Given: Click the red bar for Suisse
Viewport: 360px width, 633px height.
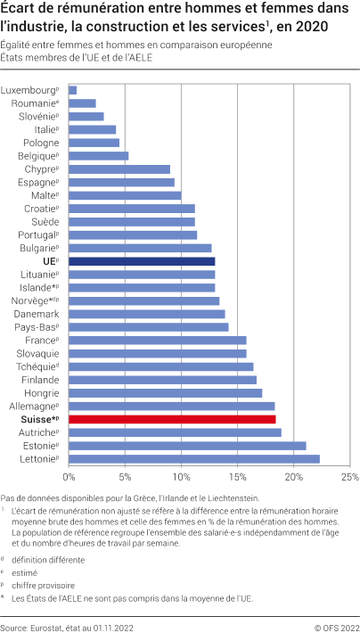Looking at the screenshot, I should [x=172, y=418].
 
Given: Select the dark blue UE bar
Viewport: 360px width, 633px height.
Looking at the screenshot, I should [x=142, y=261].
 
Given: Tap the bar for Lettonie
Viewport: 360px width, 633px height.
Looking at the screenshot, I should [x=193, y=458].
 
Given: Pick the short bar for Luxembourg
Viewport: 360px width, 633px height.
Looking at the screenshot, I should [x=72, y=90].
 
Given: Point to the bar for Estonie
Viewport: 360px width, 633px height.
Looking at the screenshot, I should [x=187, y=445].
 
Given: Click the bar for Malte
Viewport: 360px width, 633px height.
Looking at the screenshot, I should [x=125, y=195].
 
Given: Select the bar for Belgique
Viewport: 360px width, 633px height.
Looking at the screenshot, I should [x=98, y=156].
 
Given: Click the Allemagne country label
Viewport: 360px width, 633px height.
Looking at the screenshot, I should [x=32, y=406].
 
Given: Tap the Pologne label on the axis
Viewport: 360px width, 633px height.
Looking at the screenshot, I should [x=41, y=143].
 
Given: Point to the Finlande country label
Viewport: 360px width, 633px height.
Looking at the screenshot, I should [x=39, y=379].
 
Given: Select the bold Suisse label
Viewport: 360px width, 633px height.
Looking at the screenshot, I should [x=37, y=418].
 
